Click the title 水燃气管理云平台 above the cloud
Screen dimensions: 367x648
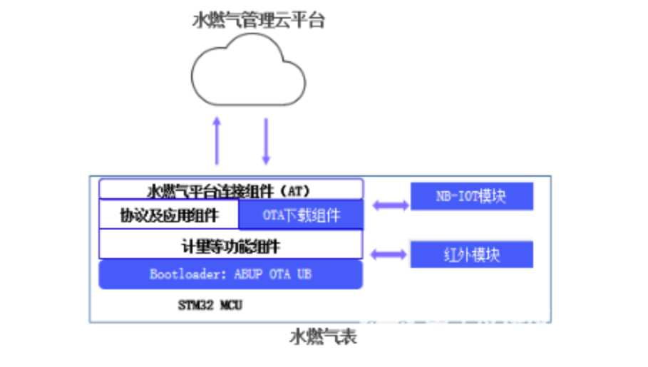(x=258, y=20)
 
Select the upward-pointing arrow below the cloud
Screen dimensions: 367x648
(x=217, y=140)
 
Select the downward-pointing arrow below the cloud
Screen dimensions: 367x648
(x=266, y=140)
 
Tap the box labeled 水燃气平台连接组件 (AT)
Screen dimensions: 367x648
(x=230, y=190)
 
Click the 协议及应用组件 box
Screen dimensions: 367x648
(x=168, y=214)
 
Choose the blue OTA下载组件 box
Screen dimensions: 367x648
(x=300, y=214)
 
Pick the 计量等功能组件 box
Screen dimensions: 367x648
(x=230, y=245)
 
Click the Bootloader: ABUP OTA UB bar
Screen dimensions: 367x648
(x=230, y=274)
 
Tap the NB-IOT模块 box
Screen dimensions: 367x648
(x=471, y=196)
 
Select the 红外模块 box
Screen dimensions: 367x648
(x=471, y=254)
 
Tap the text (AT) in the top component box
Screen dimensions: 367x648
(x=297, y=190)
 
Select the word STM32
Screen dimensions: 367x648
(x=195, y=304)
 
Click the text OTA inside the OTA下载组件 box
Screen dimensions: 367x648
(x=274, y=214)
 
